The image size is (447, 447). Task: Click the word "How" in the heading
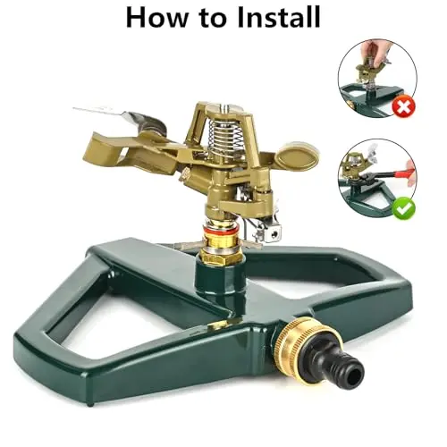click(x=156, y=17)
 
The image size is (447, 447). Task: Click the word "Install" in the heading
click(x=279, y=17)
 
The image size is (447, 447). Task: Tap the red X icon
click(x=403, y=105)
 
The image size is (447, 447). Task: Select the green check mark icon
click(x=403, y=208)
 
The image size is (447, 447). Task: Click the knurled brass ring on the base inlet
click(x=300, y=338)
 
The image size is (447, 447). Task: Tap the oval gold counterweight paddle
click(x=297, y=156)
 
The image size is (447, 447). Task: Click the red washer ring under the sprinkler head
click(x=221, y=230)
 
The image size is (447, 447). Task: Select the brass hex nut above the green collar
click(x=220, y=257)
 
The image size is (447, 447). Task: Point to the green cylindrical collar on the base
click(x=221, y=277)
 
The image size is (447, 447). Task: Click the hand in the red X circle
click(x=377, y=51)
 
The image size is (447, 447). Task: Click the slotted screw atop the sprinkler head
click(x=226, y=106)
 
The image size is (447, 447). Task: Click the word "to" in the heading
click(x=213, y=18)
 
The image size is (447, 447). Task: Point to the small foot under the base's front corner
click(x=89, y=404)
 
